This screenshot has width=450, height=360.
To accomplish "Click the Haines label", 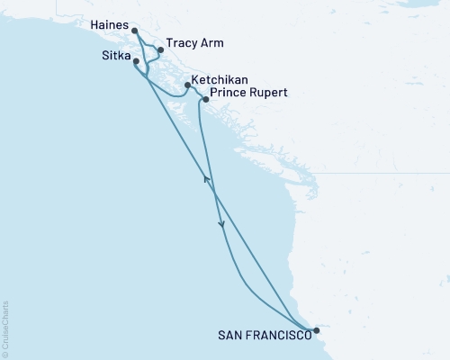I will click(x=110, y=26).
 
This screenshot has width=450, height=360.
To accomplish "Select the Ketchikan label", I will click(x=220, y=80).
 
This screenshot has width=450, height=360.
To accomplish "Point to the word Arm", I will click(x=211, y=43).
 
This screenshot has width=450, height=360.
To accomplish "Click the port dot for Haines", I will click(x=134, y=31).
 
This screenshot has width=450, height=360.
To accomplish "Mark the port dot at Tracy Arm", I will click(x=160, y=49).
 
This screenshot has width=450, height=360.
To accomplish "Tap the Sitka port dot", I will click(x=136, y=61).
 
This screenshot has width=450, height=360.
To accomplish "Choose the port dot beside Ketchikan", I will click(x=187, y=85).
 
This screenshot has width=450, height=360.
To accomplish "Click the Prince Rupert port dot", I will click(x=206, y=100).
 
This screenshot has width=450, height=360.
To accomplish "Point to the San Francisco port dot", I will click(x=316, y=330).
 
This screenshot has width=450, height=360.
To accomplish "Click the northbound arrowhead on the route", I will click(x=207, y=180).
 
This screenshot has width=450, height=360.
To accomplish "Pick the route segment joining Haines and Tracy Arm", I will click(x=147, y=40).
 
